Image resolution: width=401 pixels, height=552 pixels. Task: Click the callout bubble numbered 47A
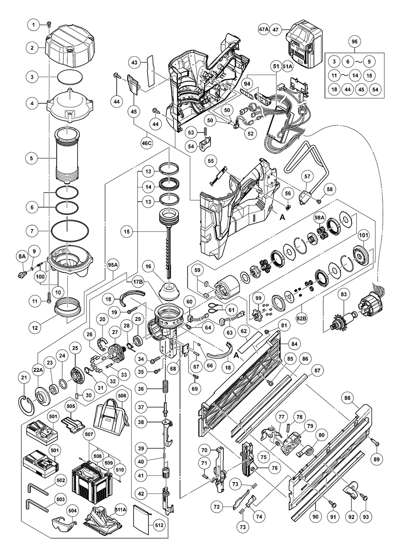263,30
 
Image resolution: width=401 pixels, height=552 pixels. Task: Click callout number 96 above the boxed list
354,42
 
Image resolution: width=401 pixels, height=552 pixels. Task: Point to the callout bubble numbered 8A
22,255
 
